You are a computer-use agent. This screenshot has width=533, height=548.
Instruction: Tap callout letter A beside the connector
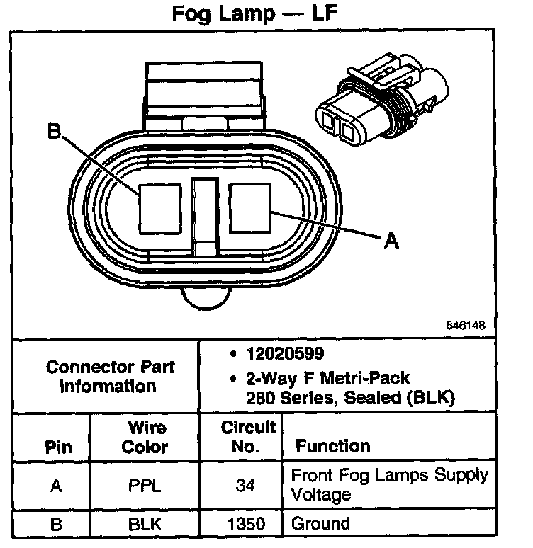click(x=391, y=241)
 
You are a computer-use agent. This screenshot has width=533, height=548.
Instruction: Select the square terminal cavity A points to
click(x=250, y=207)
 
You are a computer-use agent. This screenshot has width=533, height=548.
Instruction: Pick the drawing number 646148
click(x=466, y=326)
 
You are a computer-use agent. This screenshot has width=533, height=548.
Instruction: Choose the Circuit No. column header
click(x=248, y=437)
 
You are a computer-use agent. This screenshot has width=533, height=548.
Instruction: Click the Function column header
click(x=332, y=446)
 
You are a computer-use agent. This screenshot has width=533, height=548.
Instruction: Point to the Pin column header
click(x=59, y=447)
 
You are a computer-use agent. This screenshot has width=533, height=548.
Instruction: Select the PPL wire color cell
click(x=145, y=485)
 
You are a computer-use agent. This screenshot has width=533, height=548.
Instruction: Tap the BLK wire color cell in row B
click(x=145, y=525)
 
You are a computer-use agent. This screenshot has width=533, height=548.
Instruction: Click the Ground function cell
click(x=320, y=525)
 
